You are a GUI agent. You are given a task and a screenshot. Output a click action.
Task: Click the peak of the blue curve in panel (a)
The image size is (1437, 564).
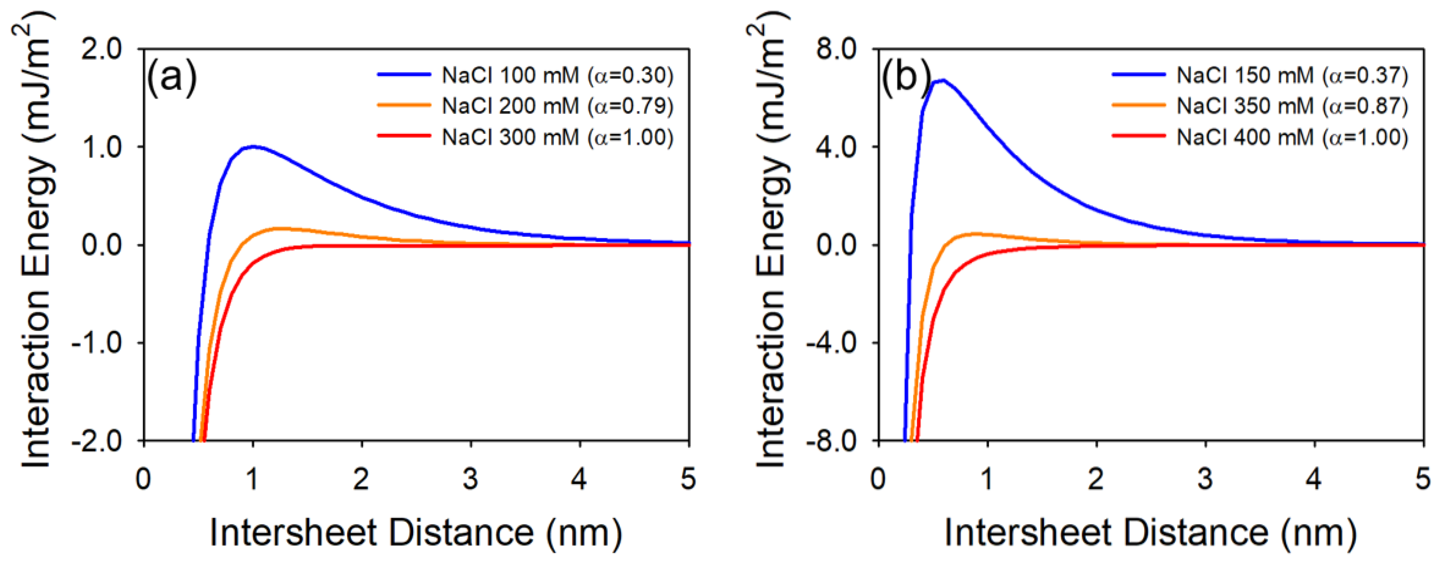pos(253,146)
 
